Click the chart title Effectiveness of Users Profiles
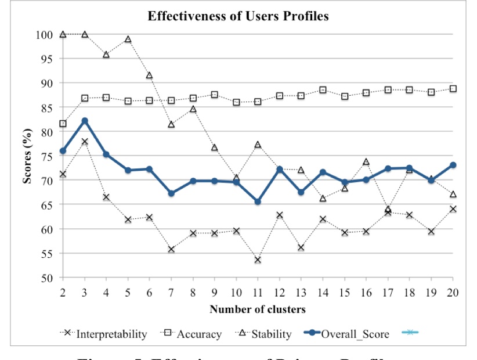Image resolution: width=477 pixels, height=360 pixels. (x=238, y=16)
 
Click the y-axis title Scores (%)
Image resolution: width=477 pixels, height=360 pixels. (x=27, y=156)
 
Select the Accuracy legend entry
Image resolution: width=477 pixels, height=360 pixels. (x=193, y=334)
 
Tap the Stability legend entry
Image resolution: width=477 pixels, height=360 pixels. (x=266, y=334)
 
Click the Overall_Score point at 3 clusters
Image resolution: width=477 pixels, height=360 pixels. (x=84, y=121)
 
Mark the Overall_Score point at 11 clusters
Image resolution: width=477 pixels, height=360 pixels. (x=258, y=201)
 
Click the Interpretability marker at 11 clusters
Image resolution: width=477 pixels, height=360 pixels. (x=258, y=260)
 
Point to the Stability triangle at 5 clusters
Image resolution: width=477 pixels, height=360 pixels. (x=128, y=39)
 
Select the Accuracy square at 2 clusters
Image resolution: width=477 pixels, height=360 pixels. (x=62, y=124)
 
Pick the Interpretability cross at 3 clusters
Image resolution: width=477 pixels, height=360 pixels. (x=84, y=142)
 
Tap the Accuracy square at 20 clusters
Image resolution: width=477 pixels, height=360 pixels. (x=453, y=89)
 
